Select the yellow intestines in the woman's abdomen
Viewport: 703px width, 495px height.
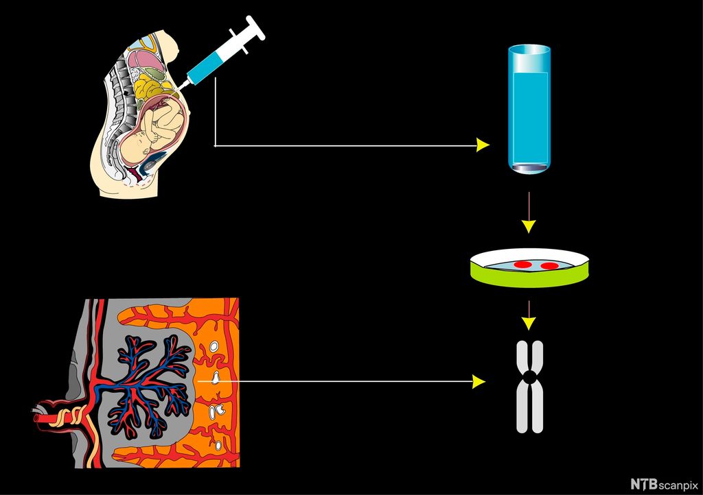(152, 89)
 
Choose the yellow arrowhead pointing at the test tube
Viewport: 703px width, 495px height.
(483, 145)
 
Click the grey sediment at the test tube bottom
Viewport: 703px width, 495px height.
(529, 167)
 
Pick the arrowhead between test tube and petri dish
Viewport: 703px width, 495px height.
(528, 226)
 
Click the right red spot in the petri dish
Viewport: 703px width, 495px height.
(549, 265)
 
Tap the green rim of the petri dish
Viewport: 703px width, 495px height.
(529, 278)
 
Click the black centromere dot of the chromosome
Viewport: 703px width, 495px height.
(529, 376)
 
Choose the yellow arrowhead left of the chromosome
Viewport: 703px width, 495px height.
(479, 381)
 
